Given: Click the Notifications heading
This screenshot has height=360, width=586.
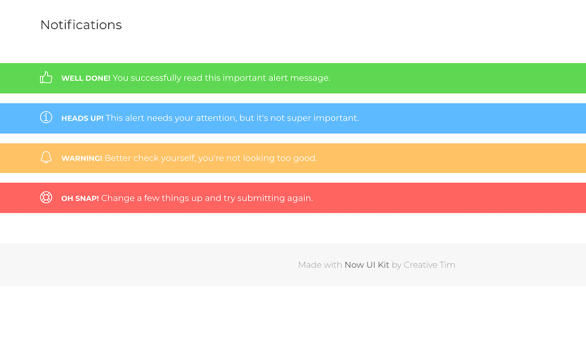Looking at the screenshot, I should tap(81, 25).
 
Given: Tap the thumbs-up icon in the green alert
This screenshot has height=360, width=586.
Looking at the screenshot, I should tap(46, 78).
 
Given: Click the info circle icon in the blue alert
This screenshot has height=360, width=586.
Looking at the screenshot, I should tap(46, 117).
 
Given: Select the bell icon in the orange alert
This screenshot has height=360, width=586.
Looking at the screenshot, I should tap(46, 157).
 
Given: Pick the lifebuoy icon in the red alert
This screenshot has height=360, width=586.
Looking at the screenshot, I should tap(46, 197).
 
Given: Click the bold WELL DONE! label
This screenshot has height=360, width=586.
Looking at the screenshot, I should tap(86, 78).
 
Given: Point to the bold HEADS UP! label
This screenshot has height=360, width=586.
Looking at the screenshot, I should tap(82, 118).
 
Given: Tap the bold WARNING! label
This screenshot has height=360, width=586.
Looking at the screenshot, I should tap(82, 159).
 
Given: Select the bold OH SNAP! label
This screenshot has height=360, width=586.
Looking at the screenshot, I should tap(80, 198).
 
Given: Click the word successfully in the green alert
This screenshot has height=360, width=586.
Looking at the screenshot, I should tap(156, 78).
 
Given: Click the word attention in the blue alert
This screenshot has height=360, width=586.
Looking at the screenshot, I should tap(215, 118).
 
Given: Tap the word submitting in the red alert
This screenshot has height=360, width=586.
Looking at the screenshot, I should tap(259, 198).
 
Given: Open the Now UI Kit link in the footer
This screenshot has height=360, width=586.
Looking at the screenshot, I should tap(367, 265).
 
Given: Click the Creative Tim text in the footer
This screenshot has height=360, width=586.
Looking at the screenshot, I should tap(429, 265).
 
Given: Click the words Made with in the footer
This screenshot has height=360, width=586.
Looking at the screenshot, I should tap(320, 265).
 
